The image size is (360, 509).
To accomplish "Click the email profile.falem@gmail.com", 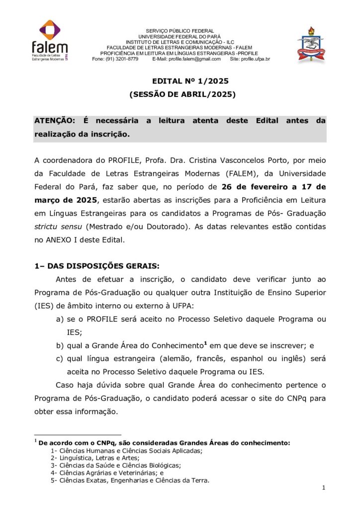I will (x=194, y=59).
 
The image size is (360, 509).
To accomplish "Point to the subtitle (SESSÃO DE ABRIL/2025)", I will (x=182, y=94).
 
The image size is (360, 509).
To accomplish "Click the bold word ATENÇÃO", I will (x=55, y=121).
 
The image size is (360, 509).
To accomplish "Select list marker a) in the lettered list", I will (x=60, y=319).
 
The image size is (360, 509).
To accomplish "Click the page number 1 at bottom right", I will (x=323, y=489).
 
